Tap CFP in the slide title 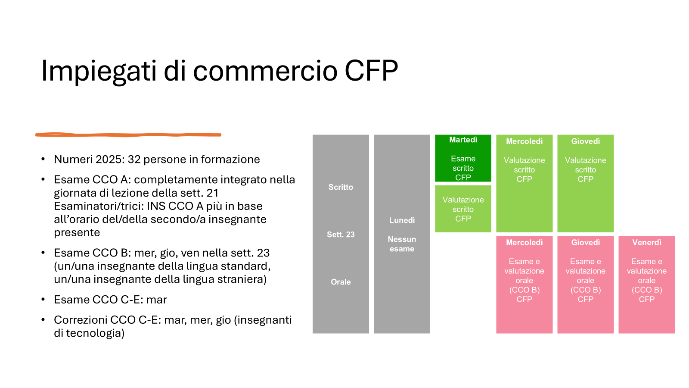pyautogui.click(x=371, y=71)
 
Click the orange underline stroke pyautogui.click(x=128, y=135)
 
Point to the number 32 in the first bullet pyautogui.click(x=134, y=159)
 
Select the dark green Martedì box pyautogui.click(x=463, y=158)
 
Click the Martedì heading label pyautogui.click(x=463, y=140)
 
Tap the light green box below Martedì pyautogui.click(x=463, y=209)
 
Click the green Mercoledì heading pyautogui.click(x=524, y=141)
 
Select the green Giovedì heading pyautogui.click(x=585, y=141)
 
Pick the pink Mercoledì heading pyautogui.click(x=524, y=243)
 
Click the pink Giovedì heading pyautogui.click(x=585, y=243)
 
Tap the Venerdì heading pyautogui.click(x=646, y=243)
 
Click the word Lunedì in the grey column pyautogui.click(x=402, y=220)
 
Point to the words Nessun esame pyautogui.click(x=402, y=244)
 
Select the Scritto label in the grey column pyautogui.click(x=341, y=187)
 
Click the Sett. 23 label pyautogui.click(x=341, y=235)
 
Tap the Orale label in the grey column pyautogui.click(x=341, y=282)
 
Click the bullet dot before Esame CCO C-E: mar pyautogui.click(x=43, y=299)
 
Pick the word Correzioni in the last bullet pyautogui.click(x=81, y=320)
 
